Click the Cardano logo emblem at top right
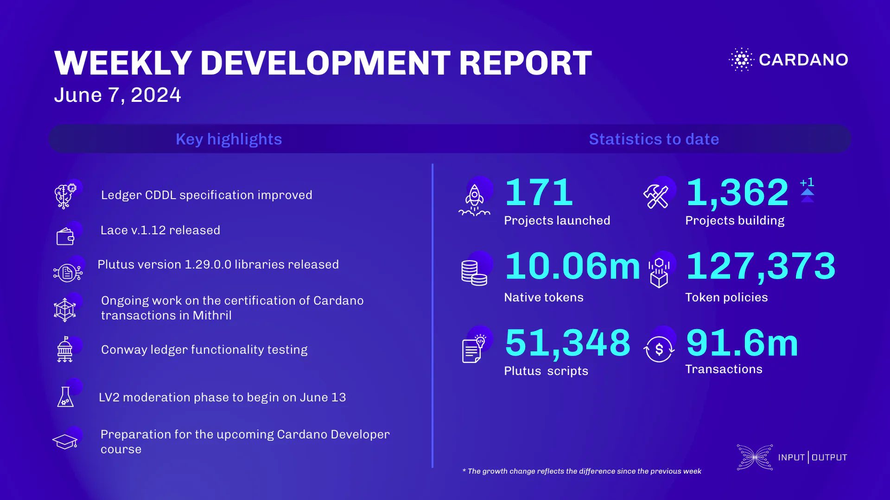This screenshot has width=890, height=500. coord(742,59)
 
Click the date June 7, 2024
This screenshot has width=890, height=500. coord(117,95)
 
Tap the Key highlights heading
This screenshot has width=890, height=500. coord(229,139)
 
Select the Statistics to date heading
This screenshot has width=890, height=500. coord(654,139)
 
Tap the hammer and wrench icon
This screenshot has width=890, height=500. coord(656,196)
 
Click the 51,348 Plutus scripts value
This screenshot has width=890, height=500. coord(568,343)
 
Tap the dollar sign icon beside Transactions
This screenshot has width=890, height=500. coord(659,349)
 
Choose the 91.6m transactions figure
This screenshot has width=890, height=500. coord(742,343)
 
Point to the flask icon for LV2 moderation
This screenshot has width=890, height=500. coord(65,397)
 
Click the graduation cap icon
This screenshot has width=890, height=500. coord(65,442)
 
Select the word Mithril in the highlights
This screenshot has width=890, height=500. coord(212,315)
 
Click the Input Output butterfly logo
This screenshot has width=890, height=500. coord(755,457)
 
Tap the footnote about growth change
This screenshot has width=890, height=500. coord(582,471)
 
